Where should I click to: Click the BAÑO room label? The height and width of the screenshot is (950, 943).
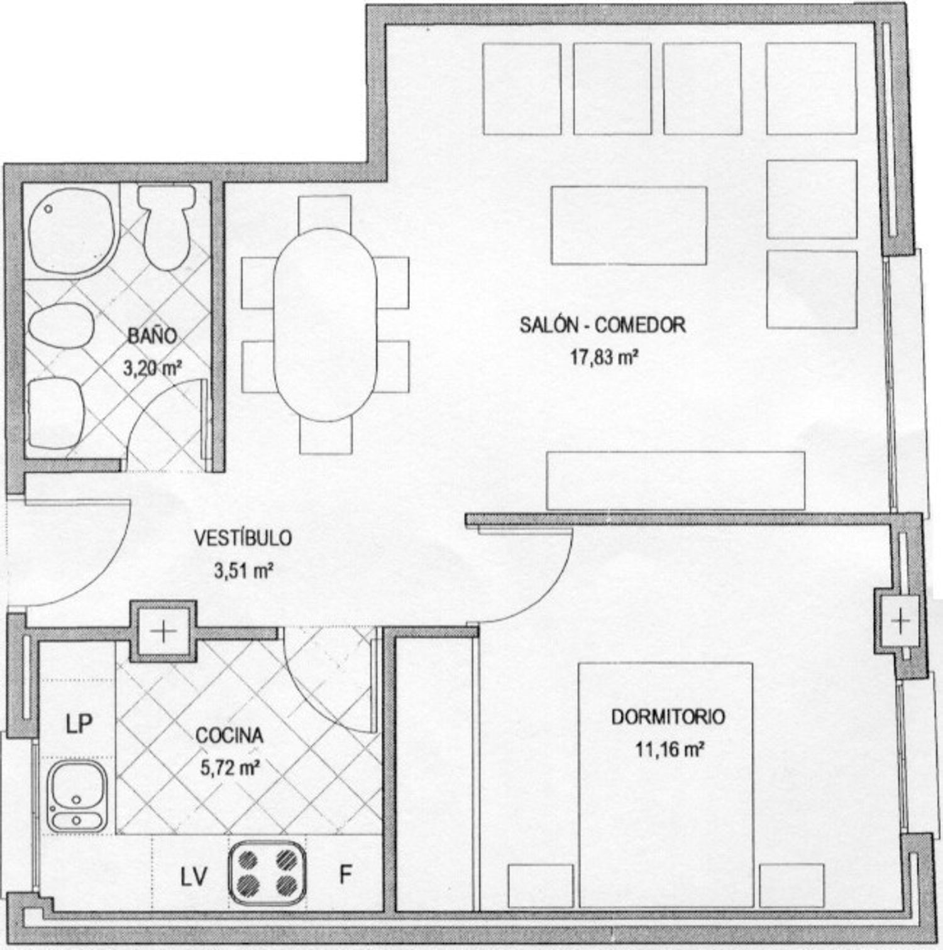[x=152, y=336]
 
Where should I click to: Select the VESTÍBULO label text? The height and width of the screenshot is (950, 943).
[x=243, y=538]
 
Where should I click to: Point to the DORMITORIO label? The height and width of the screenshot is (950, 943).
[x=668, y=717]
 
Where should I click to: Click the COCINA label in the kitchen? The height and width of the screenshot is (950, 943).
[x=229, y=735]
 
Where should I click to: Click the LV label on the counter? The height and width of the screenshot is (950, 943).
[x=194, y=877]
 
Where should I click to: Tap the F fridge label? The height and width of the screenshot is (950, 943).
[x=345, y=875]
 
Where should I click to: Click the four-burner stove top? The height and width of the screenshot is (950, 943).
[x=268, y=873]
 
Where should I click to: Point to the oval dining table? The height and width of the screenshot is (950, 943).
[x=325, y=325]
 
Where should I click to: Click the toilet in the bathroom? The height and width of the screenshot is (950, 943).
[x=167, y=227]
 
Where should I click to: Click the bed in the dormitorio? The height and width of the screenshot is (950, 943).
[x=666, y=785]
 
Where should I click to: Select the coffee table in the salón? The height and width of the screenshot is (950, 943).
[x=629, y=225]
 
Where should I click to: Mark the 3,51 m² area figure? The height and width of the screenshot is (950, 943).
[x=243, y=571]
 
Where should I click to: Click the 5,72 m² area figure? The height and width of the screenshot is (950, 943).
[x=231, y=767]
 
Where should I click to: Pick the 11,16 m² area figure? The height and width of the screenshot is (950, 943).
[x=669, y=749]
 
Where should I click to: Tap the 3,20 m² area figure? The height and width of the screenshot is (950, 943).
[x=153, y=368]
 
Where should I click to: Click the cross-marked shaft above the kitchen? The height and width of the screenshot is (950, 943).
[x=163, y=631]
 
